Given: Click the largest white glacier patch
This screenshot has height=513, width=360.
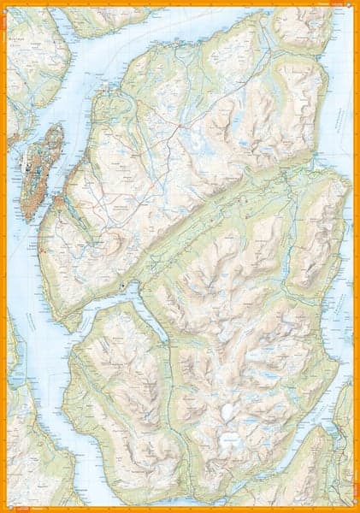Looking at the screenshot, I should [x=229, y=442].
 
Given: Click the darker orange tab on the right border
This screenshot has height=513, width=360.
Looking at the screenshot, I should [x=357, y=256].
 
